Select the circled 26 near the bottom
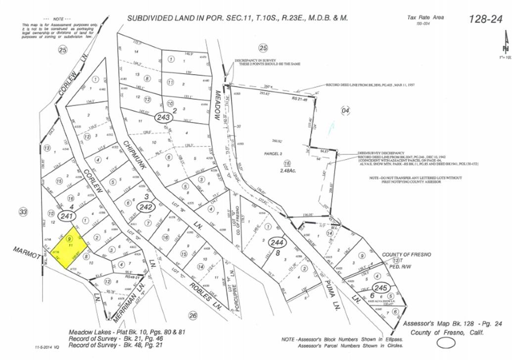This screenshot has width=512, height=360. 193,315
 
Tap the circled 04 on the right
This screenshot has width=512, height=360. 345,110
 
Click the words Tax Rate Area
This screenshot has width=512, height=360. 425,17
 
